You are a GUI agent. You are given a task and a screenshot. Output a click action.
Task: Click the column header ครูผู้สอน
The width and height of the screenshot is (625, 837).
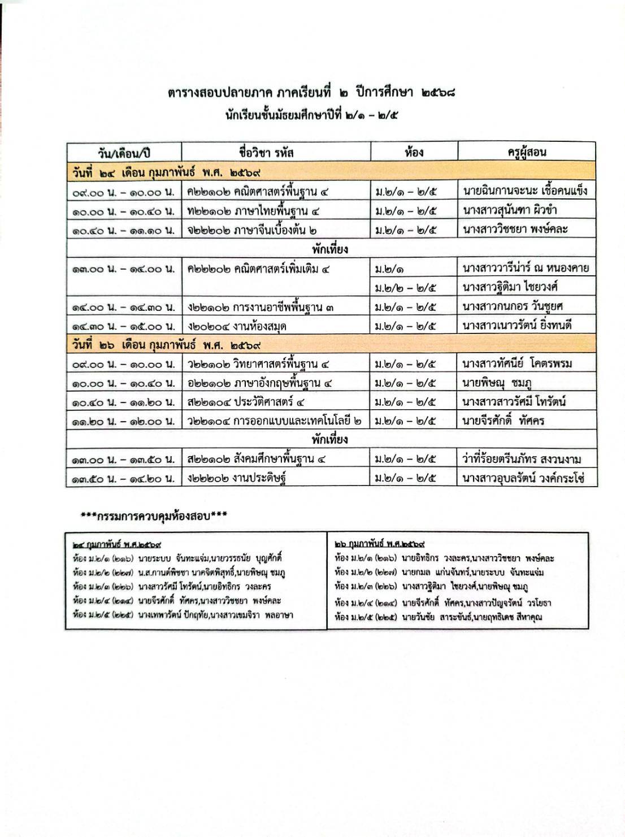pyautogui.click(x=526, y=151)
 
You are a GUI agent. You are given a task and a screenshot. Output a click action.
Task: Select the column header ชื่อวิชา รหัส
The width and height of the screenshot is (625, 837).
pyautogui.click(x=266, y=152)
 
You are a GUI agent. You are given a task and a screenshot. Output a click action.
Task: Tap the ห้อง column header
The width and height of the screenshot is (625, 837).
pyautogui.click(x=414, y=151)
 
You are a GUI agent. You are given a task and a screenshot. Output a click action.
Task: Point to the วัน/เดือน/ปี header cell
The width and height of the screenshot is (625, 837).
pyautogui.click(x=124, y=153)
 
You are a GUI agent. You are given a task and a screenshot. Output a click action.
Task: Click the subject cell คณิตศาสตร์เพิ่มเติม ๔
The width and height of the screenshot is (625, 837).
pyautogui.click(x=259, y=269)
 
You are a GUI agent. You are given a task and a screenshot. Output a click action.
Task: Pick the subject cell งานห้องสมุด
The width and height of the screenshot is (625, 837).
pyautogui.click(x=238, y=326)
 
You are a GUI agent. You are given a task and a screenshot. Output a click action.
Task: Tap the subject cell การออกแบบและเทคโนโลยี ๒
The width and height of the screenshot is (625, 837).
pyautogui.click(x=275, y=421)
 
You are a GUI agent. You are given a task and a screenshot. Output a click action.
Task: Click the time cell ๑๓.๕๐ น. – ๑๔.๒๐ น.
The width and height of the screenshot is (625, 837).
pyautogui.click(x=124, y=479)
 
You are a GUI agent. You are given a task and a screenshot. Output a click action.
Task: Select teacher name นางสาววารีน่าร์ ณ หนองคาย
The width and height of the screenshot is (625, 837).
pyautogui.click(x=525, y=268)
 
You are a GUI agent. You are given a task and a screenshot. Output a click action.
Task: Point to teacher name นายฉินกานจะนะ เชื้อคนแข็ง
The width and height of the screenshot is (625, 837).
pyautogui.click(x=525, y=191)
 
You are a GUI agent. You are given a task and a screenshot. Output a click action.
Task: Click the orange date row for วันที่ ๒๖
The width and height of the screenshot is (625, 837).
pyautogui.click(x=331, y=345)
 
